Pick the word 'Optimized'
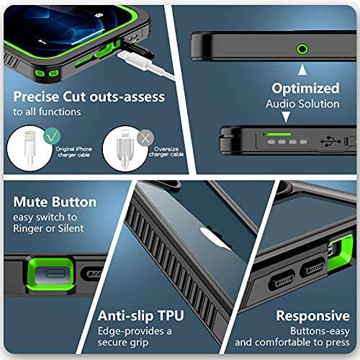pos(305,89)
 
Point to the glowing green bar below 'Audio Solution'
pos(276,133)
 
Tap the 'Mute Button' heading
pos(55,202)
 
